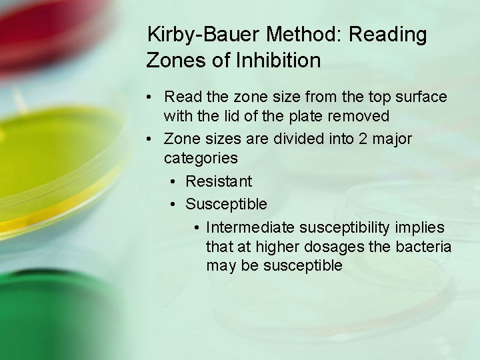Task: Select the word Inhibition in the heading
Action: click(x=279, y=61)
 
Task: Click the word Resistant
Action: click(x=219, y=181)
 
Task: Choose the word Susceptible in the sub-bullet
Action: click(x=226, y=203)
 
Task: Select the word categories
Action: click(x=201, y=159)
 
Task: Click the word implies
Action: click(x=420, y=227)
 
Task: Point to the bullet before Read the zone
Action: click(x=153, y=97)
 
